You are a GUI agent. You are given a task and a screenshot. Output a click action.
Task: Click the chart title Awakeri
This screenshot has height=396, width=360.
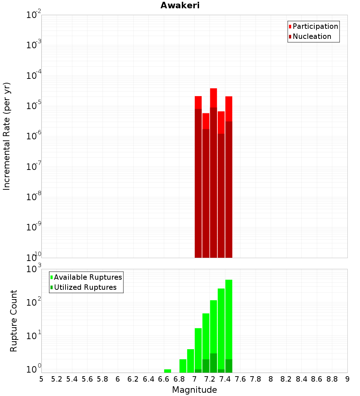(180, 5)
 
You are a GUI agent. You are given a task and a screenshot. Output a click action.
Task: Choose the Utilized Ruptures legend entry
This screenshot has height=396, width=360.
(85, 287)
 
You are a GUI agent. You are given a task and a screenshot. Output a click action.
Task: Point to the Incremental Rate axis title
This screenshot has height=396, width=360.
(7, 136)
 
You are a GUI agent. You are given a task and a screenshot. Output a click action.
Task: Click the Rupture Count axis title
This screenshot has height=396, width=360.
(14, 321)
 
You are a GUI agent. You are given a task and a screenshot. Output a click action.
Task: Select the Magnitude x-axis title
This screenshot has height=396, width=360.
(194, 390)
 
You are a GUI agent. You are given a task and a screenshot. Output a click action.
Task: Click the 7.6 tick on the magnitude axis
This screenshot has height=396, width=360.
(240, 379)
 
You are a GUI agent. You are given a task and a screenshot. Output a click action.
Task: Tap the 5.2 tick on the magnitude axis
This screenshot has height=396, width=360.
(57, 379)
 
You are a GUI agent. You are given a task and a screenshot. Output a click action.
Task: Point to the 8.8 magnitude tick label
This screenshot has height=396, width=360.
(332, 379)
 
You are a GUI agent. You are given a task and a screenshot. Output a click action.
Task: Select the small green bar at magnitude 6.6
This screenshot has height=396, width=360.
(167, 371)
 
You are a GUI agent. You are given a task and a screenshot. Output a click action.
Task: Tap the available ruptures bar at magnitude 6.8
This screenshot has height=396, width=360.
(183, 365)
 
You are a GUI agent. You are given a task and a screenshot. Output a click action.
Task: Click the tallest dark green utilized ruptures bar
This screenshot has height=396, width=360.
(213, 363)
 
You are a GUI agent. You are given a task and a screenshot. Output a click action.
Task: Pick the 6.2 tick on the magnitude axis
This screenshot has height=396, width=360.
(133, 379)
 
